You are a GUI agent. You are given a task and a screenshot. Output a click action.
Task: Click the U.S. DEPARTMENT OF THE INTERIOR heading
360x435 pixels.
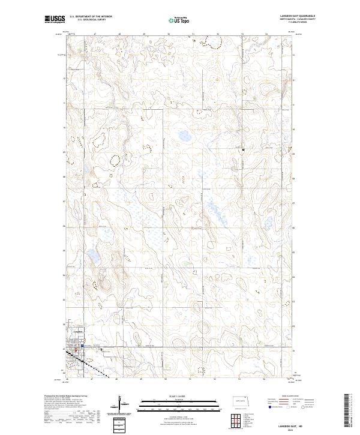pyautogui.click(x=91, y=17)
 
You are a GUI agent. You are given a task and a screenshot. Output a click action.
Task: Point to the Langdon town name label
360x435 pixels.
pyautogui.click(x=77, y=332)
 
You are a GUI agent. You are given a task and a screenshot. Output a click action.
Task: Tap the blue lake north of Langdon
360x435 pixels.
pyautogui.click(x=94, y=258)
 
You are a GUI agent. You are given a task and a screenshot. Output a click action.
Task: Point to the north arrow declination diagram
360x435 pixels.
pyautogui.click(x=122, y=403)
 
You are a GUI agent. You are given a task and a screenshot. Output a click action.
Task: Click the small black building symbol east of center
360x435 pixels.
pyautogui.click(x=243, y=149)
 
